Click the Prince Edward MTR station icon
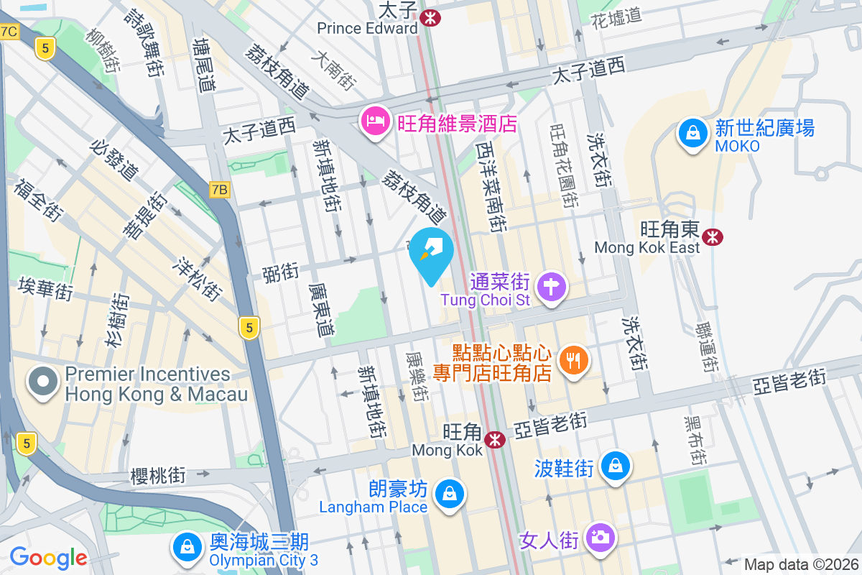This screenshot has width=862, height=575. (431, 17)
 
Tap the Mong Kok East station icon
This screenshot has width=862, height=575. (713, 236)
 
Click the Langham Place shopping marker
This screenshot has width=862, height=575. (449, 494)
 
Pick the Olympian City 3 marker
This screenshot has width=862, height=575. (187, 546)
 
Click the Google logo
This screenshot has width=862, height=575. (48, 558)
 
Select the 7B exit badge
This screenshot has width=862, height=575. (220, 190)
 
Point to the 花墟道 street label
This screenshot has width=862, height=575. (616, 17)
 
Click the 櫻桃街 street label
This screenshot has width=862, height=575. (158, 475)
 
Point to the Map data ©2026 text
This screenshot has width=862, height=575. (800, 565)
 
